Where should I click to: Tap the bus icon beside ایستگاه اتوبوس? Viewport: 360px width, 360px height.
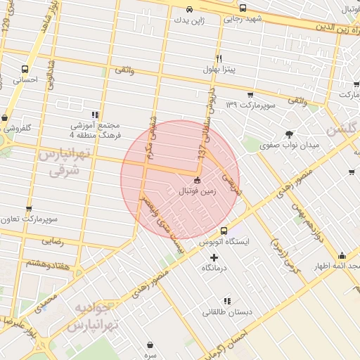tap(224, 231)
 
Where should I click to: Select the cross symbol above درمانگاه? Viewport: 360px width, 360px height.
tap(214, 257)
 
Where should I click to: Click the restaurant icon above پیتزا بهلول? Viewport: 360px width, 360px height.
tap(219, 58)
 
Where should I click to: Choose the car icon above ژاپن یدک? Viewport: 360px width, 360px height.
tap(191, 10)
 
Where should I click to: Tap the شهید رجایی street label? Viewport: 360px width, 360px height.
tap(243, 19)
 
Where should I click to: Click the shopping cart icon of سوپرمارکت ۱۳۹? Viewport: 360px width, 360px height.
tap(250, 94)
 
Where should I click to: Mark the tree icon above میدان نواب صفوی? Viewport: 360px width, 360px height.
tap(290, 134)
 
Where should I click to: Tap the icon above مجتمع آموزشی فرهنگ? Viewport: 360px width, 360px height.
tap(95, 115)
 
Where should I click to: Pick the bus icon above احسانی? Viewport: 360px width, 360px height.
tap(25, 69)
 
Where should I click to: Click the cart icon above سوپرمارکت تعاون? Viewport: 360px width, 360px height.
tap(28, 209)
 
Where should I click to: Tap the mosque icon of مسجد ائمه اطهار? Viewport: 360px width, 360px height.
tap(342, 255)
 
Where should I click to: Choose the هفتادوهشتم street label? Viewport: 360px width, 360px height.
tap(44, 262)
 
